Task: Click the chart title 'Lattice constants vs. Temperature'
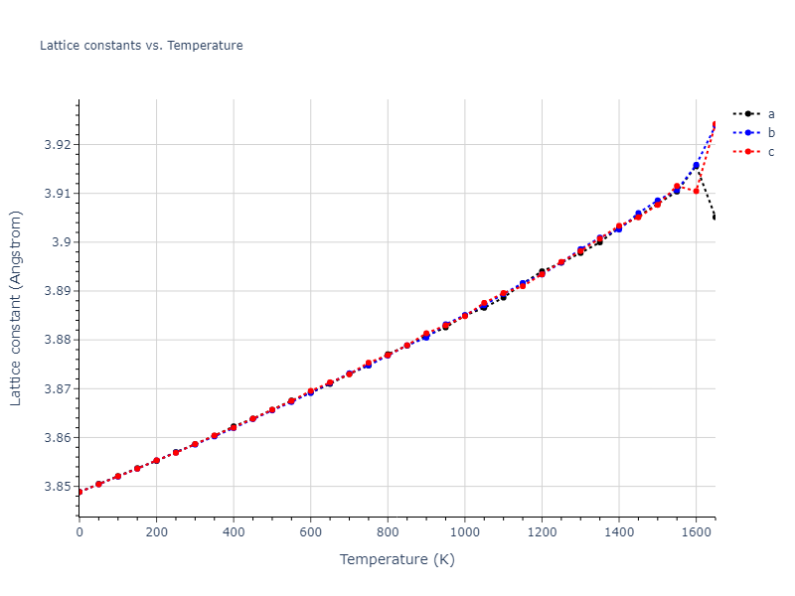141,46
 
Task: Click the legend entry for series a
771,114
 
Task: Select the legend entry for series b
771,133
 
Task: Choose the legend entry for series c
771,152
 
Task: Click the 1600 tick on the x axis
696,532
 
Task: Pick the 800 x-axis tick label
388,532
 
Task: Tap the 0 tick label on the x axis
79,532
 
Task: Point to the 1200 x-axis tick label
542,532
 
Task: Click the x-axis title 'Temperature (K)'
397,559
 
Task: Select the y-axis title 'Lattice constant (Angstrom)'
16,308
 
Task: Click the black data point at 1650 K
715,217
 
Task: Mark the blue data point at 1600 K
696,166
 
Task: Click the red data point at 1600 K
696,190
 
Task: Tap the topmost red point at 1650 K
715,125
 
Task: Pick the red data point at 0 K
79,492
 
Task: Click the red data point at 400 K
234,428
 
